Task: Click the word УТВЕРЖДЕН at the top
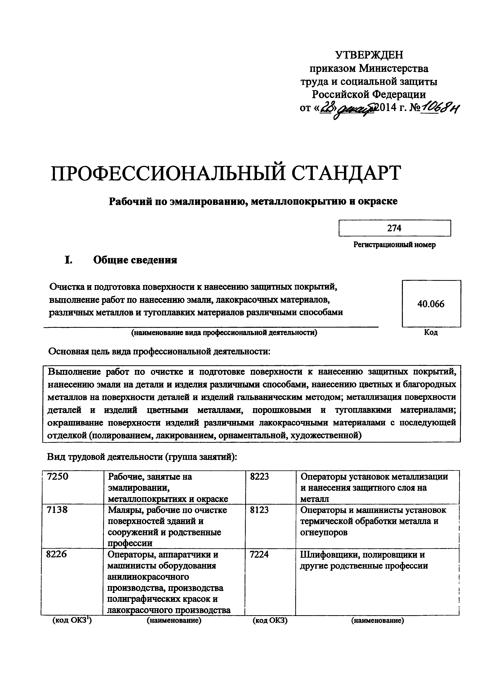[369, 55]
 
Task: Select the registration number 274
[394, 228]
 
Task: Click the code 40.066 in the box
[431, 304]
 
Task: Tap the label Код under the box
[431, 332]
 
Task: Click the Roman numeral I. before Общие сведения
[68, 260]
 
